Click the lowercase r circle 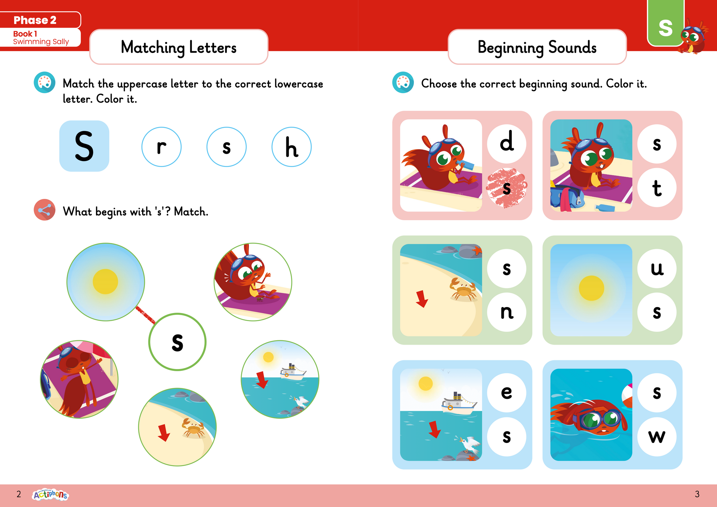tap(161, 147)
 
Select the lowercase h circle tap(291, 147)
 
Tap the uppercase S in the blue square tap(84, 146)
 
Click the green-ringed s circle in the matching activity tap(177, 342)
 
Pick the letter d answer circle tap(507, 143)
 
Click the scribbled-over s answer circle tap(507, 188)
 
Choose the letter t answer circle tap(657, 188)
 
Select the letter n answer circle tap(507, 312)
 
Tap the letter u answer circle tap(657, 268)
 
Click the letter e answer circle tap(507, 392)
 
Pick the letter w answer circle tap(657, 436)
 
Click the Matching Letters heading tap(179, 47)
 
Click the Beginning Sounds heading tap(537, 47)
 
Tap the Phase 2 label tap(35, 20)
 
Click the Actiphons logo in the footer tap(50, 494)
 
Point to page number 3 tap(697, 494)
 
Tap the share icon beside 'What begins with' tap(44, 210)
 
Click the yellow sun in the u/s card tap(591, 288)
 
